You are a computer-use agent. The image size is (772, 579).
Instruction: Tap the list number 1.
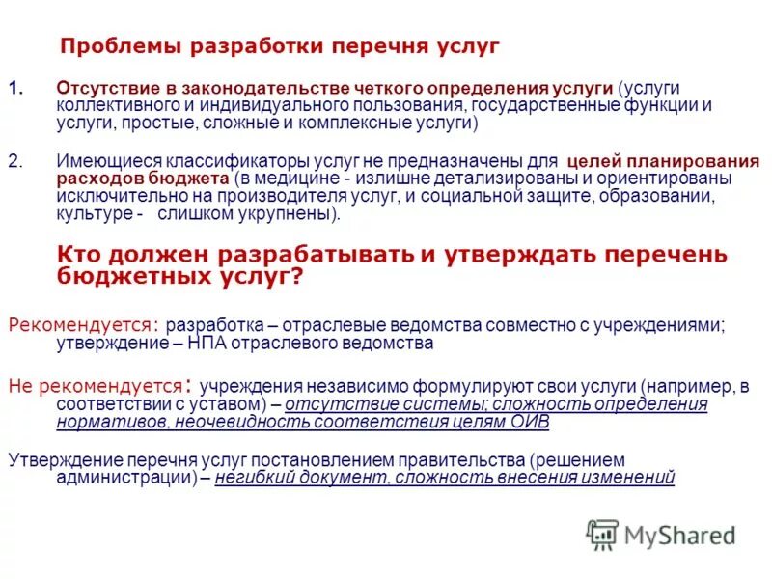14,87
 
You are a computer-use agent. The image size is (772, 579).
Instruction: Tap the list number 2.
14,161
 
